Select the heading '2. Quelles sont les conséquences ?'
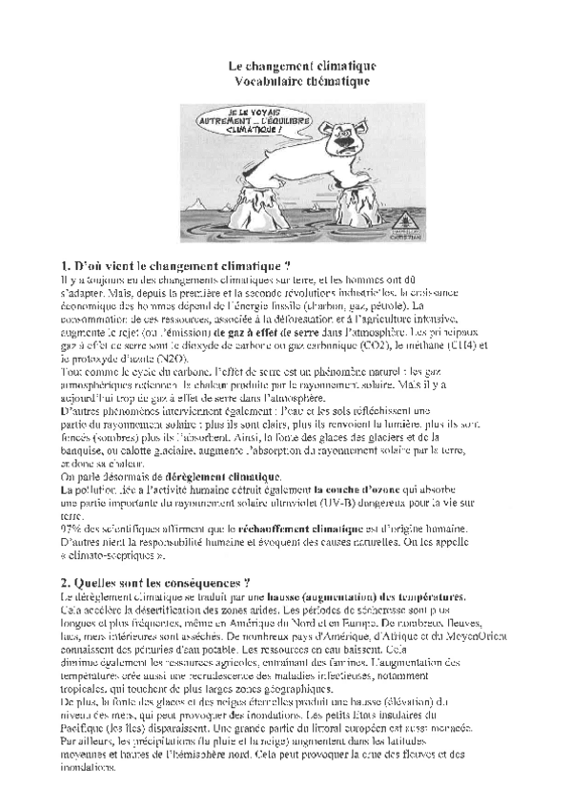point(154,582)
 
